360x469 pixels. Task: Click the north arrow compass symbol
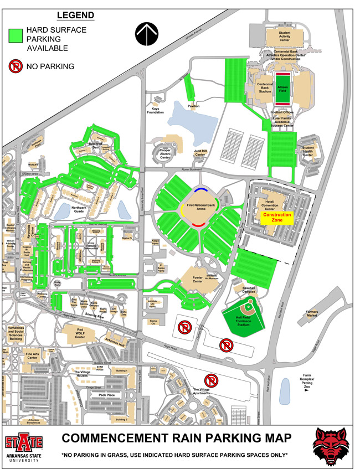click(x=147, y=35)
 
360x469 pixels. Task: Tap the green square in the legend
click(x=20, y=36)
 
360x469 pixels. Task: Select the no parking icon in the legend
click(x=15, y=66)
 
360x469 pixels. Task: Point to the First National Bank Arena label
click(x=202, y=206)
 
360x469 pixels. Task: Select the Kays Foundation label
click(x=155, y=110)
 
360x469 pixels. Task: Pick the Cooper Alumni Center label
click(x=164, y=154)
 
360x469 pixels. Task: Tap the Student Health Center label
click(x=308, y=151)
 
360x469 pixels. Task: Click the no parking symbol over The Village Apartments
click(x=211, y=380)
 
